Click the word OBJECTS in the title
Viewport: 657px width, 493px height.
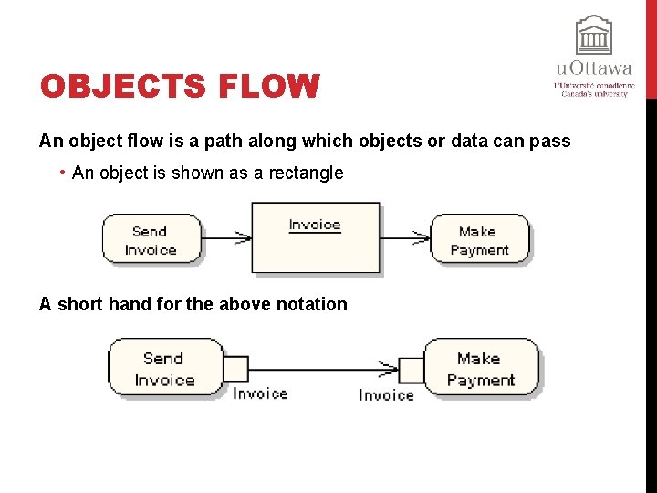[113, 88]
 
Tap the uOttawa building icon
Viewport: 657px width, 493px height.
[594, 36]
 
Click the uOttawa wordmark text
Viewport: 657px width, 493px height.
[594, 68]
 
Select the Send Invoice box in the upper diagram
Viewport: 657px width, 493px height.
[151, 240]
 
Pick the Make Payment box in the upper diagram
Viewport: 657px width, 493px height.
[479, 240]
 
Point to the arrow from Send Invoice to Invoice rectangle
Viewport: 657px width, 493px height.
[225, 238]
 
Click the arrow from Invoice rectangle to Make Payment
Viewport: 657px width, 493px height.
[405, 238]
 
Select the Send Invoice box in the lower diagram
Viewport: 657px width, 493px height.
[165, 368]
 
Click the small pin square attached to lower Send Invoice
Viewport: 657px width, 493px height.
[235, 369]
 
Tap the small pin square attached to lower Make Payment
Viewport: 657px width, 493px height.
[412, 370]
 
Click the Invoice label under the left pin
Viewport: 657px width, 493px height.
[260, 393]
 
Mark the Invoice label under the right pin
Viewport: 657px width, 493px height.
[386, 395]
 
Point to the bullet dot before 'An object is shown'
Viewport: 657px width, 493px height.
[60, 173]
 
